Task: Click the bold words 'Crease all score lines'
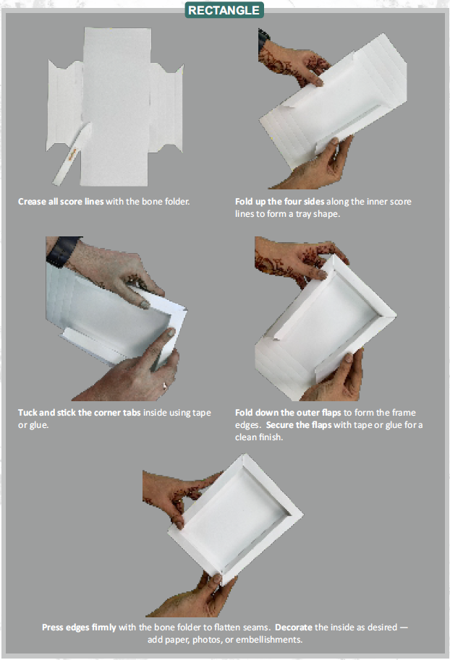click(x=61, y=200)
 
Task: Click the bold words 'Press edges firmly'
click(x=78, y=627)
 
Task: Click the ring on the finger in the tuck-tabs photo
click(x=164, y=384)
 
